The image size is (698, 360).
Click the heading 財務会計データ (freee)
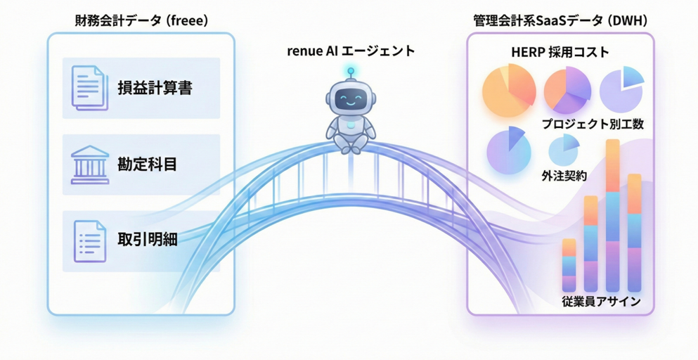tap(141, 20)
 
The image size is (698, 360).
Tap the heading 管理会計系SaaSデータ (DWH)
tap(560, 20)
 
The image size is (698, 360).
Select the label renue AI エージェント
tap(351, 51)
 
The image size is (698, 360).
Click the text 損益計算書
tap(155, 89)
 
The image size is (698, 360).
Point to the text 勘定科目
tap(147, 165)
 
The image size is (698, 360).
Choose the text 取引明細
tap(147, 239)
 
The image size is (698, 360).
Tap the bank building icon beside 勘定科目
tap(90, 165)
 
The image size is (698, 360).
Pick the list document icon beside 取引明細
tap(90, 240)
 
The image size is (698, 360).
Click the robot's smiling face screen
tap(351, 100)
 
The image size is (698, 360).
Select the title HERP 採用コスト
tap(560, 52)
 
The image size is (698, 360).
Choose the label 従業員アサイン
tap(601, 302)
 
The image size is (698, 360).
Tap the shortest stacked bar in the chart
tap(569, 265)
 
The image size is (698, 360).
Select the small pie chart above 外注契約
tap(563, 149)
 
